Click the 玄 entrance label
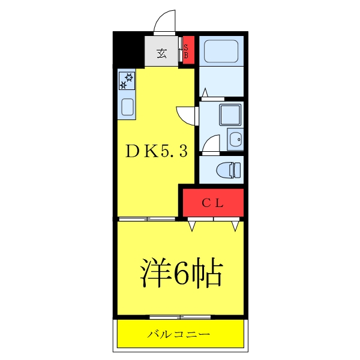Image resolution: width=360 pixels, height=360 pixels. pyautogui.click(x=162, y=53)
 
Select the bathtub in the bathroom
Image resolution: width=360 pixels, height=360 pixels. pyautogui.click(x=221, y=51)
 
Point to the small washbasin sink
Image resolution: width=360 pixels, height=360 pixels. pyautogui.click(x=235, y=139)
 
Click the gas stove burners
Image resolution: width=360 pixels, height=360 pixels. pyautogui.click(x=127, y=80)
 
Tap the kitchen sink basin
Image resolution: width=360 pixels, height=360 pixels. pyautogui.click(x=127, y=107)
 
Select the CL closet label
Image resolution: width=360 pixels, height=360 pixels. pyautogui.click(x=212, y=203)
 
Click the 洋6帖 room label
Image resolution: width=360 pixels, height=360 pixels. pyautogui.click(x=181, y=274)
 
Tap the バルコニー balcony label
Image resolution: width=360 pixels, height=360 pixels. pyautogui.click(x=179, y=333)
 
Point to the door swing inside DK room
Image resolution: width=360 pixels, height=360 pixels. pyautogui.click(x=186, y=114)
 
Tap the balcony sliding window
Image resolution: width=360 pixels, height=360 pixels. pyautogui.click(x=180, y=316)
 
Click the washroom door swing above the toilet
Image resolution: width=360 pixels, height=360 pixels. pyautogui.click(x=211, y=144)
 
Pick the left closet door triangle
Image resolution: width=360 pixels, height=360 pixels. pyautogui.click(x=193, y=226)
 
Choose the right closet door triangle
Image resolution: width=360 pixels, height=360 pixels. pyautogui.click(x=235, y=226)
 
